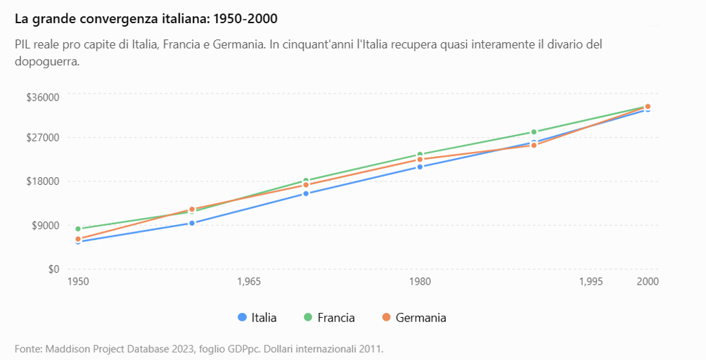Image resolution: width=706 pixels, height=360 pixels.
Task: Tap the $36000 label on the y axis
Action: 43,97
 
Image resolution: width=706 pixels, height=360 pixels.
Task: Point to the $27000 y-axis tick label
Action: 43,137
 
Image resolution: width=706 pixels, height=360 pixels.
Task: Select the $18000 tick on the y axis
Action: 43,181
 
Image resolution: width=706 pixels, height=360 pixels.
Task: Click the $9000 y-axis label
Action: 46,226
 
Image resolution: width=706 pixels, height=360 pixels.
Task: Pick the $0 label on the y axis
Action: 53,269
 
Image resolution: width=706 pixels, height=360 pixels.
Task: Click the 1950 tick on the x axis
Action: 78,282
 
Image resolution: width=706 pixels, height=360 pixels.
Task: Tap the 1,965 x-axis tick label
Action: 249,282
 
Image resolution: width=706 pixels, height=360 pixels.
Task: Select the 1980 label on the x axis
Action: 420,282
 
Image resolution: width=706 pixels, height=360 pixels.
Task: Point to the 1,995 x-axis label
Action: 591,282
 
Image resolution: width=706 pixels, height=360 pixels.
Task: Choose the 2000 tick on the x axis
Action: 648,282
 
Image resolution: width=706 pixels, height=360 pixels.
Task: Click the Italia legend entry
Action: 257,318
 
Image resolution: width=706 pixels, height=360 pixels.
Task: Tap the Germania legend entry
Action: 413,318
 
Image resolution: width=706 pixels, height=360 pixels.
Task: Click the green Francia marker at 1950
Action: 78,229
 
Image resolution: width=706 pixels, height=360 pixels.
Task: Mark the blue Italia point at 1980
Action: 420,167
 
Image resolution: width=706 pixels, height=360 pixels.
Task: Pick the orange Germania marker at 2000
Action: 648,107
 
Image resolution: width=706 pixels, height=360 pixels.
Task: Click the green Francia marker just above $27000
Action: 534,132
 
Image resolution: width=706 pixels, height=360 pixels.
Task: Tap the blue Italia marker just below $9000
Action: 192,223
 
